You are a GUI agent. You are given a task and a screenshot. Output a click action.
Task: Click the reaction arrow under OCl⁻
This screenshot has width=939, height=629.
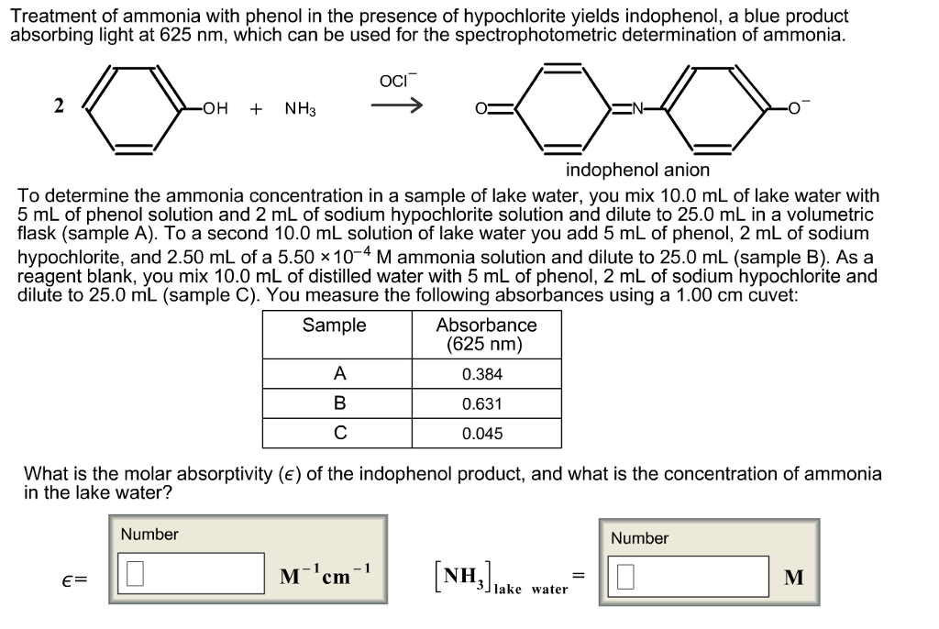(x=396, y=107)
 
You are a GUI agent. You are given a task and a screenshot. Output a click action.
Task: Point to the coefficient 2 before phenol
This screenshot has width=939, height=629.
(x=59, y=105)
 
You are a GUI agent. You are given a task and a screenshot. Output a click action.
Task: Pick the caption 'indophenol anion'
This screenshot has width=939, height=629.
(x=636, y=171)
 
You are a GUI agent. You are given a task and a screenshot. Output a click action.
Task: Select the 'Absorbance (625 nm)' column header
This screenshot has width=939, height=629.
(x=486, y=335)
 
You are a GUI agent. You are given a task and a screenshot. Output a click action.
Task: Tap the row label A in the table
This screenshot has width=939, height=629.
(x=339, y=374)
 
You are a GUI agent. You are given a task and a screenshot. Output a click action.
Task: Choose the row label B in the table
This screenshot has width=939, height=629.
(x=339, y=403)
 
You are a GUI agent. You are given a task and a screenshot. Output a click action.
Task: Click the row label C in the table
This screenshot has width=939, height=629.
(x=339, y=434)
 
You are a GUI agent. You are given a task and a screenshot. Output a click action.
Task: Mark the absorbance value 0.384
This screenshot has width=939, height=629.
(x=482, y=374)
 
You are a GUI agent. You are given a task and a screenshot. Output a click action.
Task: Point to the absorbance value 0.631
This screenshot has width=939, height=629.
(x=482, y=403)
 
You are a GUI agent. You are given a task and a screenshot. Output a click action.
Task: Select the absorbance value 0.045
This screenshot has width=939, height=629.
(x=482, y=434)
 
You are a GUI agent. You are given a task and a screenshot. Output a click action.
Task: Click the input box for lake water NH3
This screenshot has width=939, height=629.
(x=692, y=577)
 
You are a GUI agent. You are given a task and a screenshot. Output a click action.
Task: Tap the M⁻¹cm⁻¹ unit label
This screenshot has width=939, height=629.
(x=326, y=576)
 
